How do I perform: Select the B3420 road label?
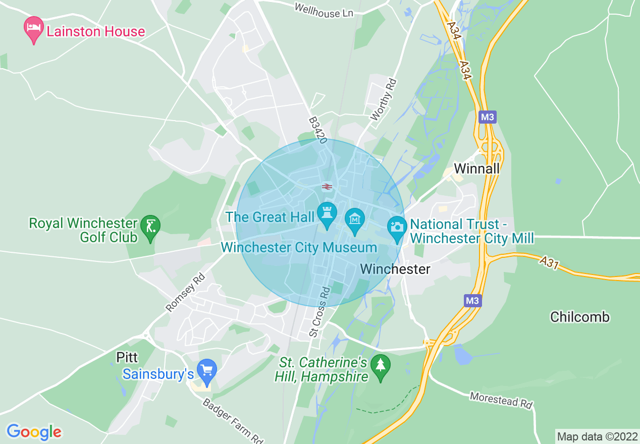tap(318, 130)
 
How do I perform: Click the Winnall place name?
tap(476, 169)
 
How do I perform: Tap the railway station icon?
tap(327, 187)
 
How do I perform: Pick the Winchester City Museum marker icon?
tap(355, 220)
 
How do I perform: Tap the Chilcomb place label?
tap(580, 317)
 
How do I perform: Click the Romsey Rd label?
tap(186, 292)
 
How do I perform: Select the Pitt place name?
tap(127, 358)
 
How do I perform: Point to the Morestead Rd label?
tap(501, 400)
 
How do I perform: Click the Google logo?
tap(34, 432)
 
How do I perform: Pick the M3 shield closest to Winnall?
tap(488, 118)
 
